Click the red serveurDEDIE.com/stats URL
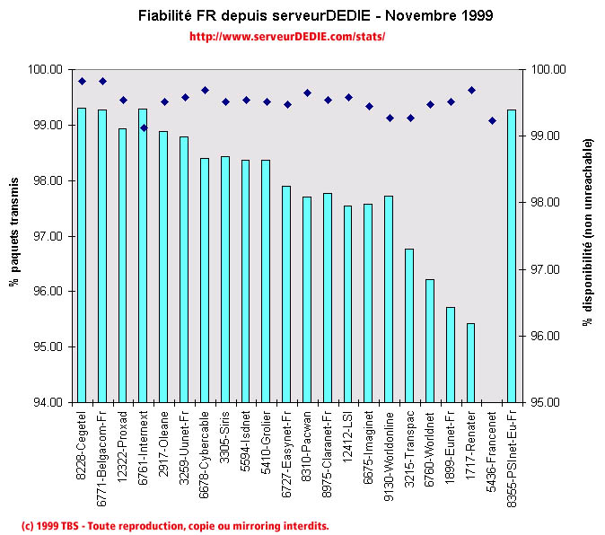point(287,38)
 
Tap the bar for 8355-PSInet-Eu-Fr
point(512,255)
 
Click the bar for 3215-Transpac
point(409,325)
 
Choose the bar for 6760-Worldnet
point(430,340)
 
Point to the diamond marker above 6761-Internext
point(144,127)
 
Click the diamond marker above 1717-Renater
point(471,90)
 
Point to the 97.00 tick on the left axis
point(47,236)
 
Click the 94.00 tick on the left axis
point(47,402)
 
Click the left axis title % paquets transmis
point(15,235)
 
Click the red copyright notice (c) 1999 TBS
point(175,525)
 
